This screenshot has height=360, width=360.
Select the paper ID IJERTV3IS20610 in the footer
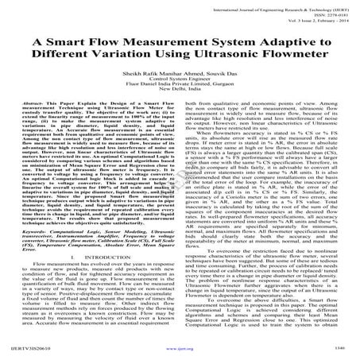coord(29,348)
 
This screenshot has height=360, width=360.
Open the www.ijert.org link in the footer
coord(180,348)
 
